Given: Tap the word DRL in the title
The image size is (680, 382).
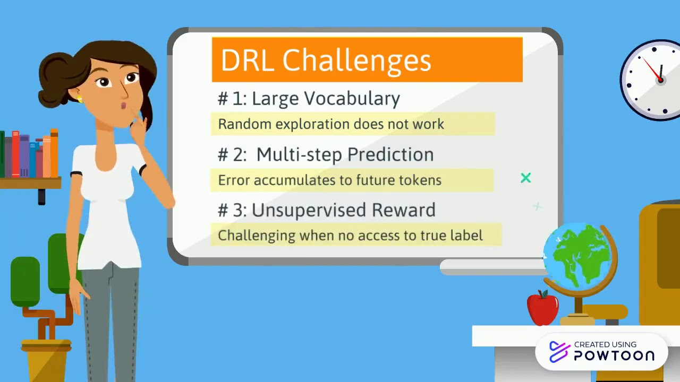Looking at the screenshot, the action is (248, 60).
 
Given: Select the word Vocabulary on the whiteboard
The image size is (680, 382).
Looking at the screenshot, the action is (352, 99).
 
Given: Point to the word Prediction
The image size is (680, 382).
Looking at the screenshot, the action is (390, 155).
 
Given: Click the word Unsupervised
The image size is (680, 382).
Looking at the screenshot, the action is (309, 210).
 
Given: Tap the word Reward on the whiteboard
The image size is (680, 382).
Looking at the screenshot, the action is (404, 210).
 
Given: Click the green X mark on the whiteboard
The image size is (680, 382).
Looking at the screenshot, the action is (526, 178).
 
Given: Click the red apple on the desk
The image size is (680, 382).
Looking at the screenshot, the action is (542, 307).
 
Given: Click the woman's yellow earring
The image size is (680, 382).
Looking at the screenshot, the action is (79, 99).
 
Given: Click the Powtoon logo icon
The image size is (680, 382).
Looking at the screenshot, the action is (559, 352).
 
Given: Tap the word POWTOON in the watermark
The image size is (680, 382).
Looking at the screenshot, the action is (614, 355).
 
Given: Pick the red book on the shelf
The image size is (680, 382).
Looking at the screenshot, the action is (16, 154).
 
